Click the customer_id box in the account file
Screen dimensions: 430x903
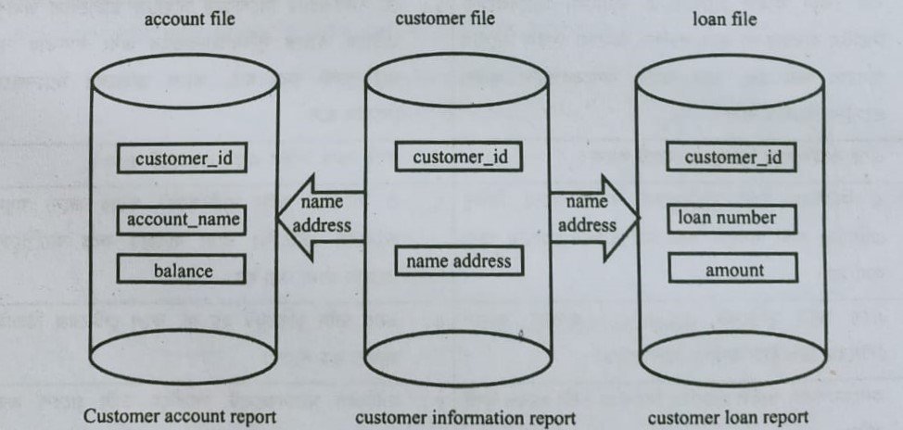click(x=183, y=158)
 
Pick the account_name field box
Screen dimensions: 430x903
click(x=183, y=221)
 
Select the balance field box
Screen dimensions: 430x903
click(x=183, y=271)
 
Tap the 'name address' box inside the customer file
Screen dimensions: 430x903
click(x=458, y=261)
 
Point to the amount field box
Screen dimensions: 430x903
click(x=734, y=270)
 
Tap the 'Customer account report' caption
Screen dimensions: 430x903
click(x=180, y=416)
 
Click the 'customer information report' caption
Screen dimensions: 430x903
click(x=465, y=417)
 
